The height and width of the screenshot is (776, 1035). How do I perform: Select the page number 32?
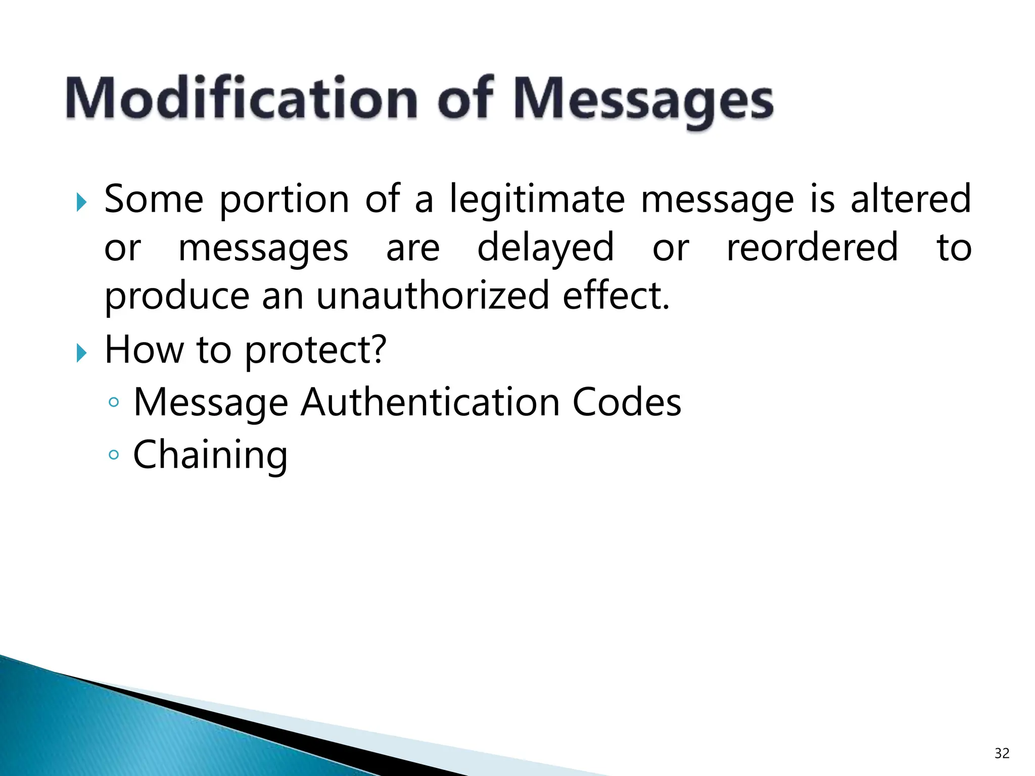click(x=1001, y=753)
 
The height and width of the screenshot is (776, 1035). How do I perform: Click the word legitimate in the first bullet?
click(x=537, y=200)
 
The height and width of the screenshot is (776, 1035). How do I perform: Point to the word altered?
click(x=911, y=199)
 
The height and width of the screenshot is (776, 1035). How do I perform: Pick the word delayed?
click(x=545, y=249)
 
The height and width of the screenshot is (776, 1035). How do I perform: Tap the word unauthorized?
click(x=433, y=296)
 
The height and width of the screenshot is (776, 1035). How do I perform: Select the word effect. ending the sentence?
click(x=616, y=296)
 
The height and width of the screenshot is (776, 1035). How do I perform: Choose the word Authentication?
click(x=430, y=402)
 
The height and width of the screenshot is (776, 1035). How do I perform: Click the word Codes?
click(x=627, y=402)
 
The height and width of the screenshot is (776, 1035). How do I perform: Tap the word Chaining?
click(x=210, y=455)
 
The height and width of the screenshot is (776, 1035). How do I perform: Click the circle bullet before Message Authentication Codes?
click(x=114, y=403)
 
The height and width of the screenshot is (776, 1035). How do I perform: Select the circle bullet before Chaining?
click(x=114, y=455)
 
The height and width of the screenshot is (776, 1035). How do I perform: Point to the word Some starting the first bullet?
click(x=154, y=199)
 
